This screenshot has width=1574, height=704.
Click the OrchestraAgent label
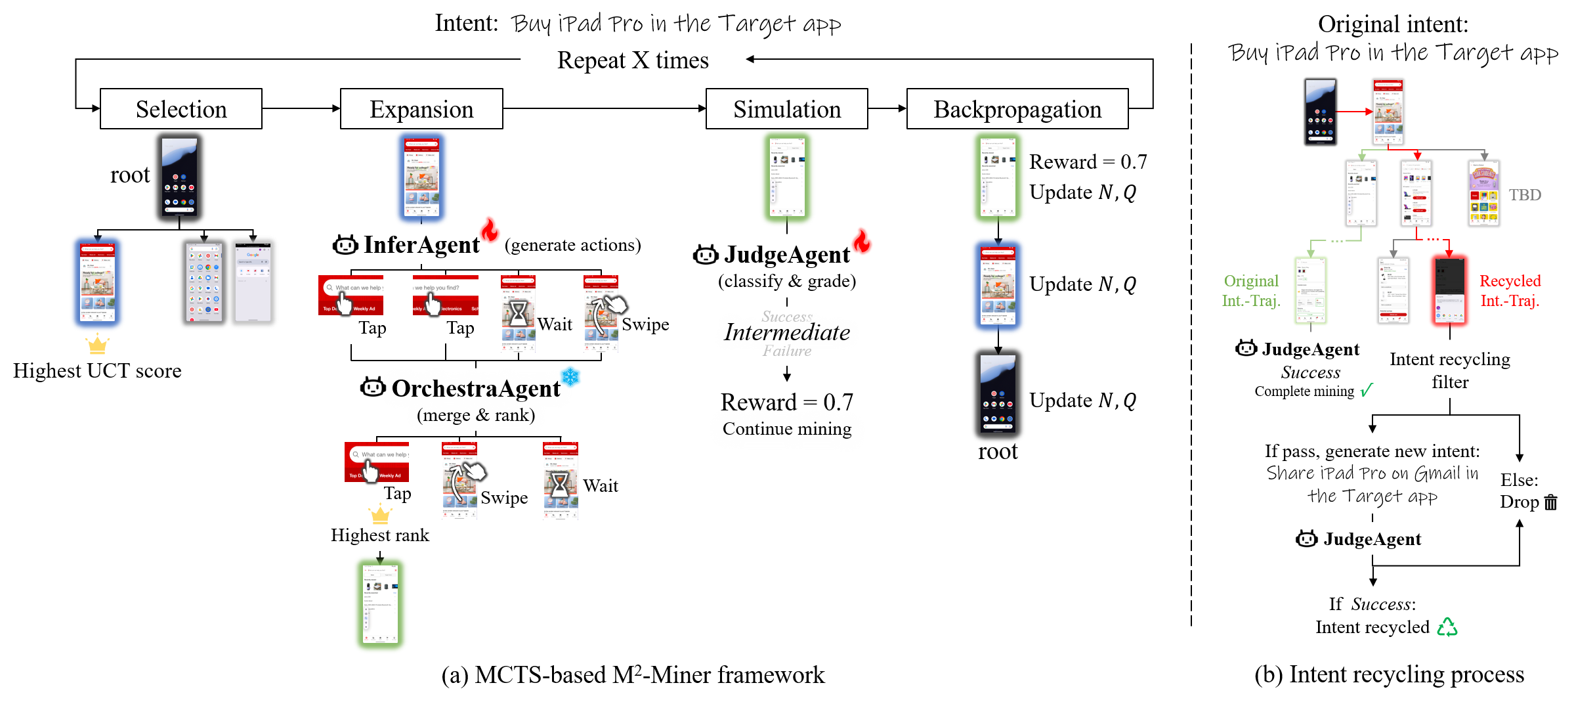pyautogui.click(x=476, y=389)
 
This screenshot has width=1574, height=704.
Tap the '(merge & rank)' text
pyautogui.click(x=476, y=416)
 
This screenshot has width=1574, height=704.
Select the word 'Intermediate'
pyautogui.click(x=787, y=332)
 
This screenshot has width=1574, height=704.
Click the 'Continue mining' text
pyautogui.click(x=787, y=429)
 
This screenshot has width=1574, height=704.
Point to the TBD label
pyautogui.click(x=1524, y=195)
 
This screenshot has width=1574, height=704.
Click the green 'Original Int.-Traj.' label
pyautogui.click(x=1251, y=290)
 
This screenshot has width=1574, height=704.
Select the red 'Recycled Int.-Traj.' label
pyautogui.click(x=1510, y=290)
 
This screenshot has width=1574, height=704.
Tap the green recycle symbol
pyautogui.click(x=1447, y=628)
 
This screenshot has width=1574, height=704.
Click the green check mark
pyautogui.click(x=1367, y=390)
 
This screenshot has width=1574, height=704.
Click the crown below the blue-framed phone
pyautogui.click(x=98, y=344)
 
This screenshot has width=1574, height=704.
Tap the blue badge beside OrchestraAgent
pyautogui.click(x=572, y=376)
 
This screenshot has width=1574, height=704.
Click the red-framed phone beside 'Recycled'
pyautogui.click(x=1449, y=290)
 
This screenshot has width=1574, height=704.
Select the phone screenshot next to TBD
pyautogui.click(x=1483, y=194)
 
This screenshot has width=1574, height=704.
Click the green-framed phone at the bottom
pyautogui.click(x=380, y=604)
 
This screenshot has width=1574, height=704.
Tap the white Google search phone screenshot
pyautogui.click(x=253, y=282)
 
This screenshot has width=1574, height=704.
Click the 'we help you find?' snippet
pyautogui.click(x=445, y=295)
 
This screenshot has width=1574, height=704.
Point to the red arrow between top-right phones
pyautogui.click(x=1353, y=112)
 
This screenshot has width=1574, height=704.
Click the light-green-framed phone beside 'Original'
pyautogui.click(x=1310, y=290)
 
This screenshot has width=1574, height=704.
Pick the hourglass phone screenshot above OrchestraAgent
pyautogui.click(x=518, y=314)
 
